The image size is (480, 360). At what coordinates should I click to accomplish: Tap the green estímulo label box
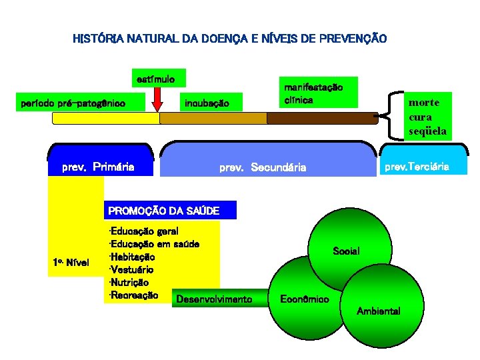(156, 79)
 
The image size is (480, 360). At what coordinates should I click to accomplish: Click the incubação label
(206, 103)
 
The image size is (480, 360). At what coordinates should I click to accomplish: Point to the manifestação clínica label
(313, 93)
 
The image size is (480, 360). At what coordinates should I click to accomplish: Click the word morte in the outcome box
(424, 103)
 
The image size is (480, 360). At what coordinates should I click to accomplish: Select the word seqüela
(427, 131)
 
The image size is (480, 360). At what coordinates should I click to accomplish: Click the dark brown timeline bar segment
(322, 119)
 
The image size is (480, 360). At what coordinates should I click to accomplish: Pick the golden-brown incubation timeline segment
(213, 119)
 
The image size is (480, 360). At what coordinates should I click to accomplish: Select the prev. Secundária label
(263, 167)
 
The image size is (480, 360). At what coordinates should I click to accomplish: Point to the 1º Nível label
(71, 262)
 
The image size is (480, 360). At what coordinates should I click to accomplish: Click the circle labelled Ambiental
(378, 311)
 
